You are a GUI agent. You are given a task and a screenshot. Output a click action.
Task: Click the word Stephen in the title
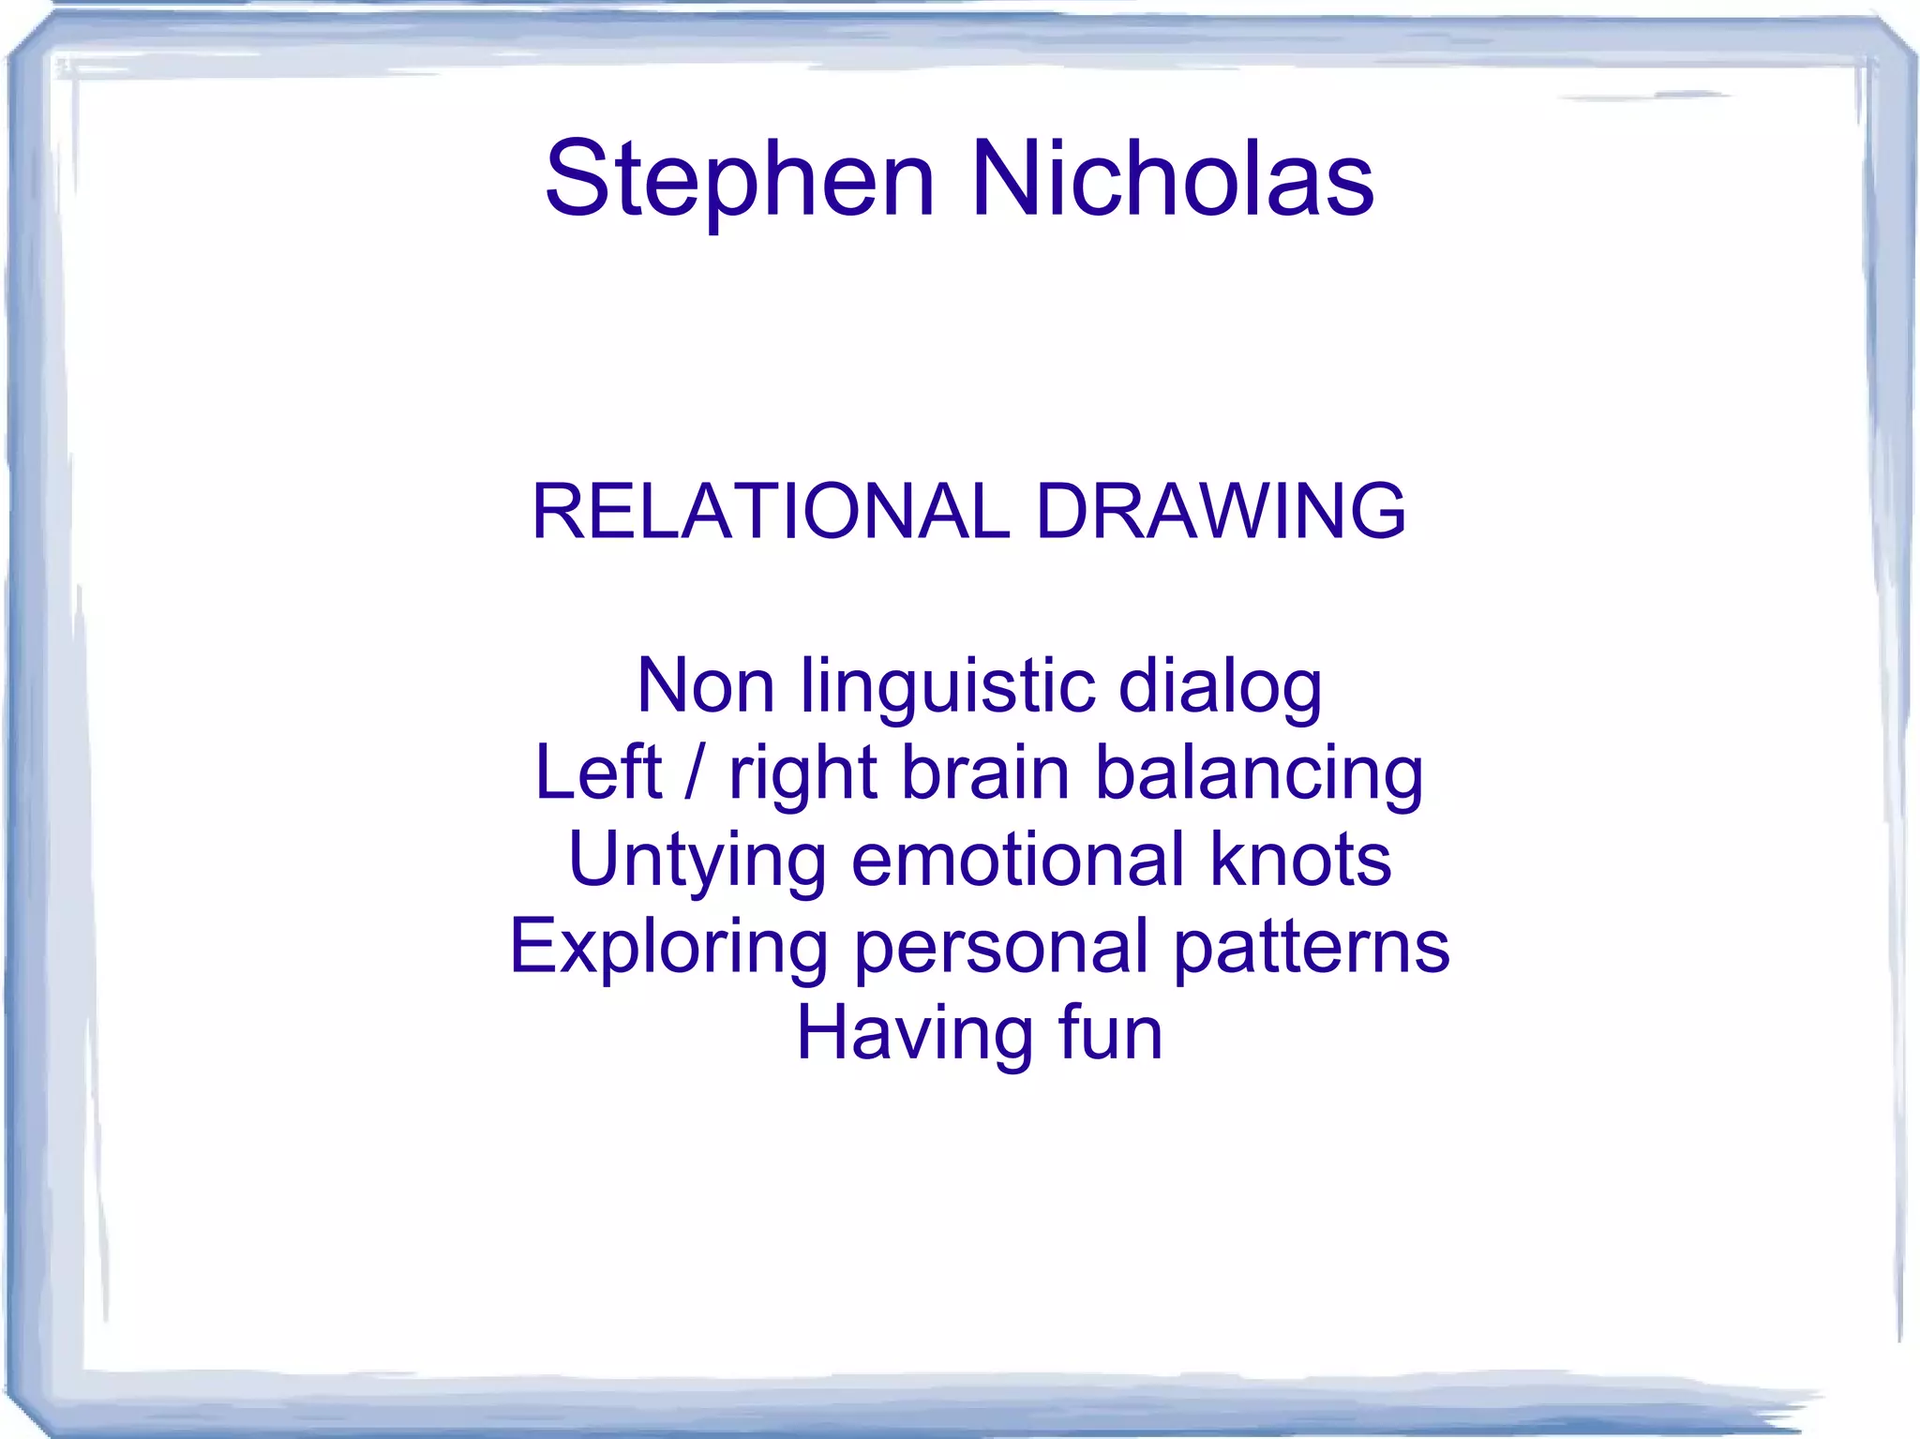[740, 180]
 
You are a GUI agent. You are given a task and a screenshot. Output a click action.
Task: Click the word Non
[705, 685]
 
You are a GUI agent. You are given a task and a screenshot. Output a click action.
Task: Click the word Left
[598, 772]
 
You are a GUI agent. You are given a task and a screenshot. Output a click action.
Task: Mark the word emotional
[1017, 860]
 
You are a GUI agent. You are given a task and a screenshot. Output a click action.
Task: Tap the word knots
[1300, 860]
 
